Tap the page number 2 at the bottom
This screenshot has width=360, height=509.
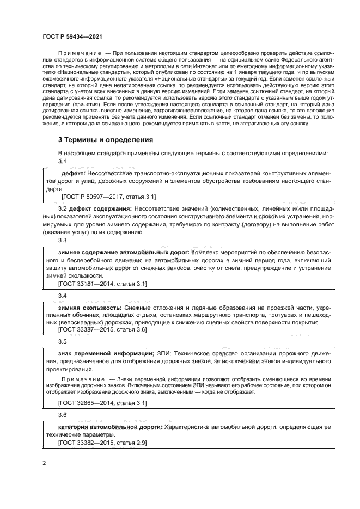pos(44,463)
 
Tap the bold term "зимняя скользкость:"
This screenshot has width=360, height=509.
pos(86,308)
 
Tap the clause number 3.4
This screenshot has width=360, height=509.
pos(62,295)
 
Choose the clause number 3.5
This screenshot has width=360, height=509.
pos(62,341)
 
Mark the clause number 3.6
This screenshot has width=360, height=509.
pos(62,414)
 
